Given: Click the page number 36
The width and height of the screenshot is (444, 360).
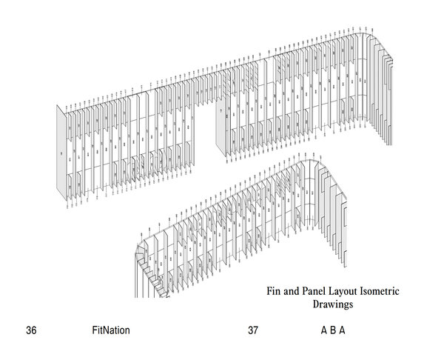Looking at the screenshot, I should (31, 330).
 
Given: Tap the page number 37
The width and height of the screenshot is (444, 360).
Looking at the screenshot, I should (253, 330).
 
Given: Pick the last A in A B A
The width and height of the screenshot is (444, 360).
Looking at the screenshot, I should (342, 330).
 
